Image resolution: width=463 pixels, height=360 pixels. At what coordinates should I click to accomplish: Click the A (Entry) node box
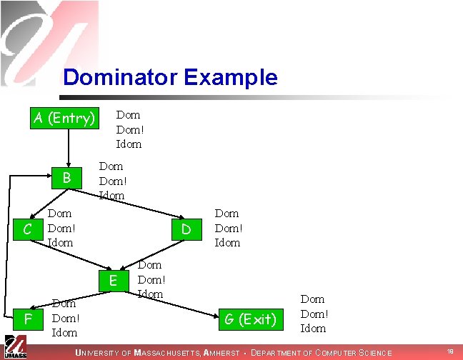point(64,118)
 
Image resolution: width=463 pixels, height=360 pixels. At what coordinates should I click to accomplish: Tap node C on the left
point(26,229)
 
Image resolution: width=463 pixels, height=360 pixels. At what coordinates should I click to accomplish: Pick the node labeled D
point(186,229)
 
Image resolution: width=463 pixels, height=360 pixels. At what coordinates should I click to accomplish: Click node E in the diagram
point(112,281)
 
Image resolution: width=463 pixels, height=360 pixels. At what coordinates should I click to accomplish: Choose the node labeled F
point(27,318)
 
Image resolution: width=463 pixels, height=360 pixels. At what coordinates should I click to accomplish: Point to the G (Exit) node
point(251,319)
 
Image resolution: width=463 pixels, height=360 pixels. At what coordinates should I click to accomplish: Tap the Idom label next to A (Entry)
point(129,144)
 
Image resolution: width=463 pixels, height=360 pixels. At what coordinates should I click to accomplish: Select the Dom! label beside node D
point(229,228)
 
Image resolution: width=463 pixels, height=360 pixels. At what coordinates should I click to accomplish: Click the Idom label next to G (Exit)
point(313,329)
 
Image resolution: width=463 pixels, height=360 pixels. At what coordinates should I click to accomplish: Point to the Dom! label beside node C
point(61,228)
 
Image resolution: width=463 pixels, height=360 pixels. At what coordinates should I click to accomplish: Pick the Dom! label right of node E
point(151,279)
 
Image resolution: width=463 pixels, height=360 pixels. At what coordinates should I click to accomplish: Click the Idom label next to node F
point(64,332)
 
